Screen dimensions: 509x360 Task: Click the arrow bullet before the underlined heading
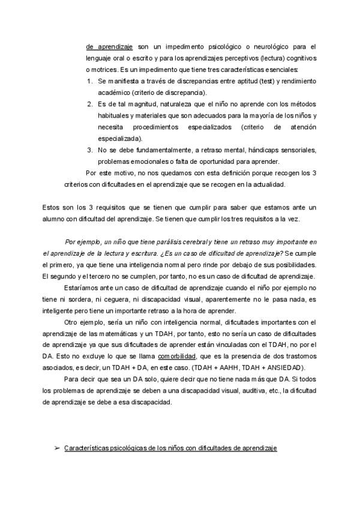[56, 449]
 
